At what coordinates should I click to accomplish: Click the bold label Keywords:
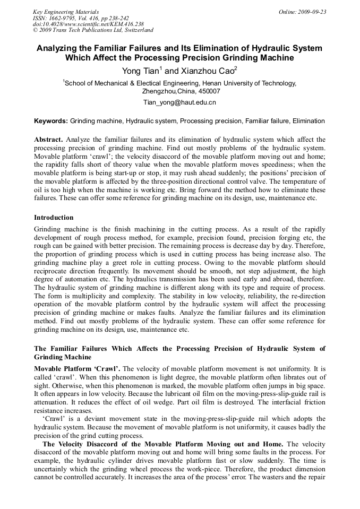(x=51, y=121)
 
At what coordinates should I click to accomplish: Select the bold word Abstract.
(x=48, y=139)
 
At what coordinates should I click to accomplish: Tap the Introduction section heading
(x=54, y=218)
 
